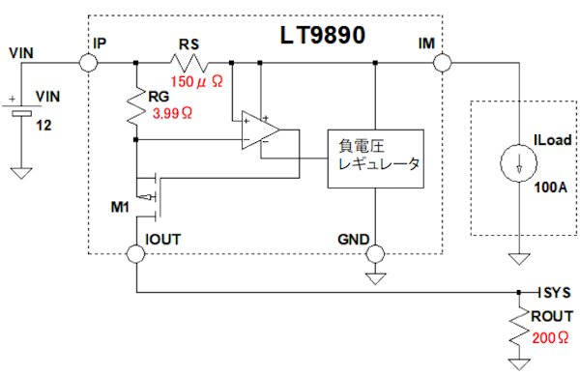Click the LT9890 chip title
tap(323, 35)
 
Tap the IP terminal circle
tap(88, 63)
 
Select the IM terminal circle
tap(443, 63)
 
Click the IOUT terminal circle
tap(136, 253)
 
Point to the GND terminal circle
tap(375, 253)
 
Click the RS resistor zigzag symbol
tap(189, 63)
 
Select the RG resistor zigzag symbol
tap(136, 106)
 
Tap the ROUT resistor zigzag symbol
tap(519, 327)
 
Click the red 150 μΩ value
tap(196, 82)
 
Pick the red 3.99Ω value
tap(172, 113)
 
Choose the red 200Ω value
tap(550, 337)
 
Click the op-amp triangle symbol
tap(260, 130)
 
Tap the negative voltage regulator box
tap(375, 159)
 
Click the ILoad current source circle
tap(518, 162)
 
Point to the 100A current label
tap(550, 187)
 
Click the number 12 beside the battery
tap(43, 126)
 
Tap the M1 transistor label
tap(120, 207)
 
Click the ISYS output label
tap(554, 293)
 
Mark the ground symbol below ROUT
tap(519, 364)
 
